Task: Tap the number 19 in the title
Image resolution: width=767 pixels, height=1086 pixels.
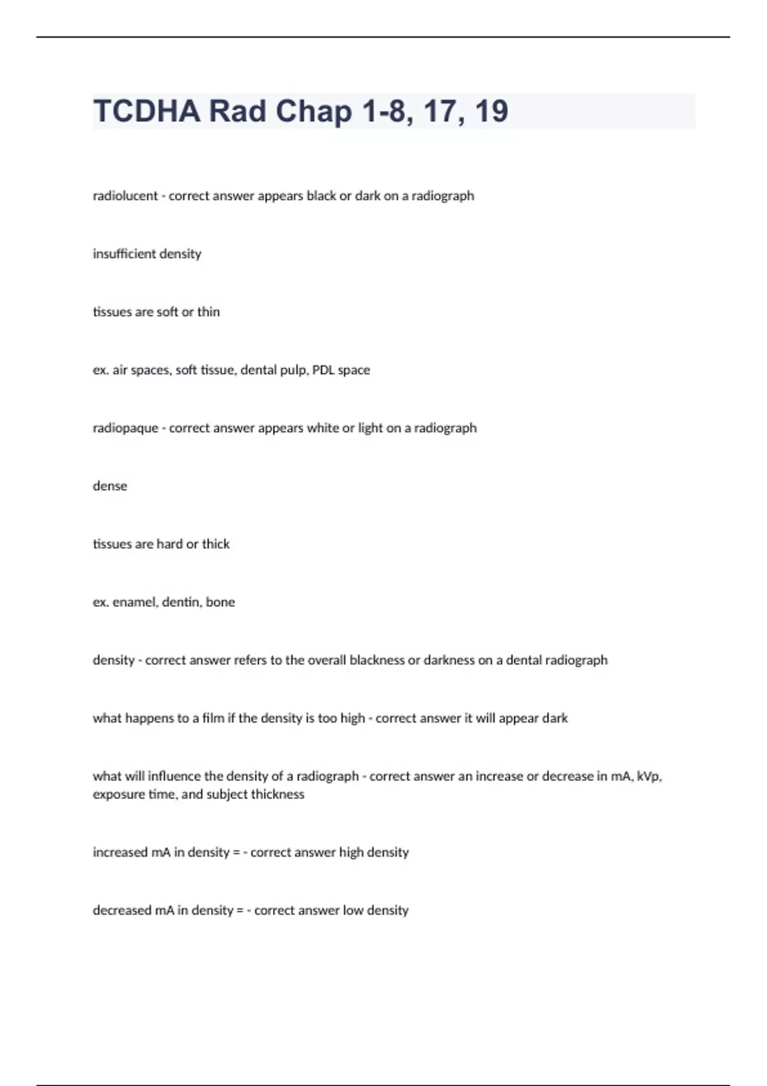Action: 491,111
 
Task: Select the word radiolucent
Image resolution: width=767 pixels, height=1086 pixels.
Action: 125,196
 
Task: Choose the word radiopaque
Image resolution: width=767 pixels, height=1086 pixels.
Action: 125,429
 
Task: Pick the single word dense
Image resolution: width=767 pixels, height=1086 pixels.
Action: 110,486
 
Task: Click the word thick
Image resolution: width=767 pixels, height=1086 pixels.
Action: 216,544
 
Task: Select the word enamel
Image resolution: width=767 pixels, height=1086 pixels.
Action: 135,602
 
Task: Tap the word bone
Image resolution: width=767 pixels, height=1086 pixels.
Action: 221,602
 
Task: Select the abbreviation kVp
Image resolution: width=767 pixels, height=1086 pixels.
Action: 649,777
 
